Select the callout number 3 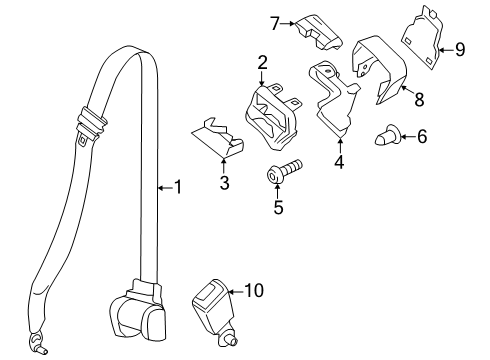224,183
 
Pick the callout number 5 279,208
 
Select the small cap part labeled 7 317,32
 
